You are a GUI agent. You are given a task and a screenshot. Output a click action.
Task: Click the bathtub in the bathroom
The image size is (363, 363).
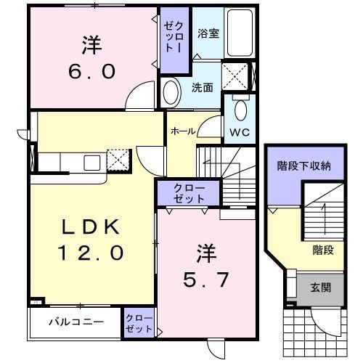241,35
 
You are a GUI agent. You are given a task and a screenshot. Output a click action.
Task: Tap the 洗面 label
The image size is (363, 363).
202,87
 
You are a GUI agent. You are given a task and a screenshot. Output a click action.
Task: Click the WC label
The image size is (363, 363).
240,133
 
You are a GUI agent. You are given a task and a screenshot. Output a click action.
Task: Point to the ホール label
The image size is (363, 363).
181,131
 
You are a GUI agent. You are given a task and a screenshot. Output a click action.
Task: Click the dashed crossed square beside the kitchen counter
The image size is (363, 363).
118,159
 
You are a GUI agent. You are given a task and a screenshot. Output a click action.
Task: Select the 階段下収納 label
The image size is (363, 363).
304,166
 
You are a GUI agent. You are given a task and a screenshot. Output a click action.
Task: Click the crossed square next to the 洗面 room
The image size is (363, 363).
234,76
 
